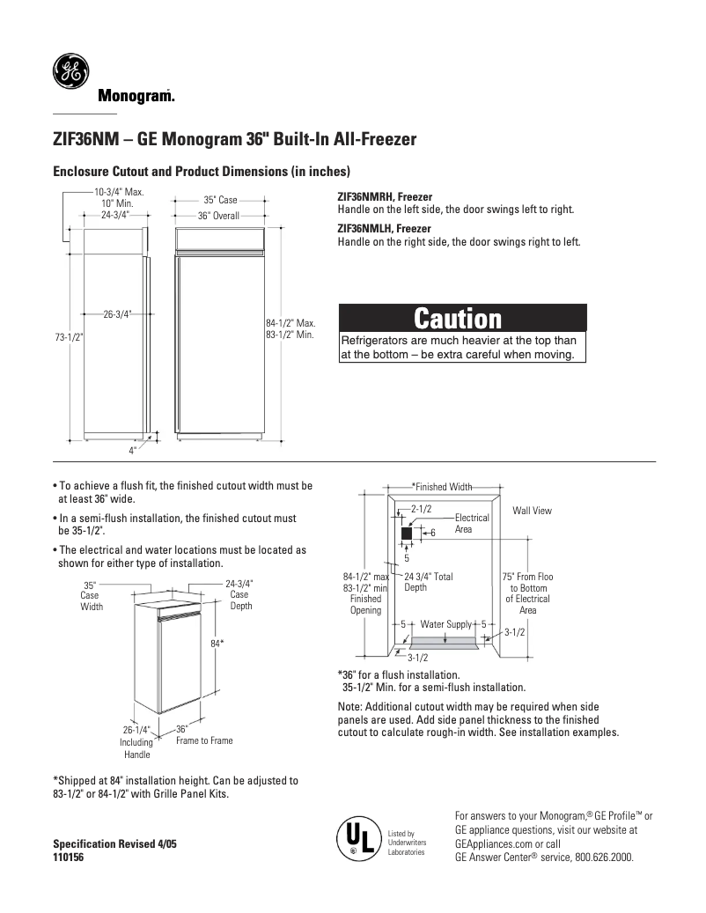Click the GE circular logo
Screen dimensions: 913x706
coord(70,71)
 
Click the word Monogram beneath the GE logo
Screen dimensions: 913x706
coord(135,96)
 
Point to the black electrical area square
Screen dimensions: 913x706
coord(407,534)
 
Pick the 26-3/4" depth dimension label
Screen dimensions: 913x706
coord(117,313)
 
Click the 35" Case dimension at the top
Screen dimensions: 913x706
coord(220,201)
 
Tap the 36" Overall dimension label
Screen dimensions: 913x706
coord(218,216)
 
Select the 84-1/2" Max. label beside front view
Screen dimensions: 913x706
coord(290,323)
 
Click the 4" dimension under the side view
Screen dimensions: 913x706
coord(132,450)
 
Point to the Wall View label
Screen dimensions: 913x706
coord(532,511)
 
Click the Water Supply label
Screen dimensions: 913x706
coord(446,624)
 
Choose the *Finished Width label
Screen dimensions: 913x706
coord(443,487)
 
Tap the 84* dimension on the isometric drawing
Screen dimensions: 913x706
coord(217,644)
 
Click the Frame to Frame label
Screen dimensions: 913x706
coord(204,740)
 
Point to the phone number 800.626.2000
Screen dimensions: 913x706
coord(603,857)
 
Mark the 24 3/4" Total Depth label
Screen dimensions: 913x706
coord(429,582)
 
